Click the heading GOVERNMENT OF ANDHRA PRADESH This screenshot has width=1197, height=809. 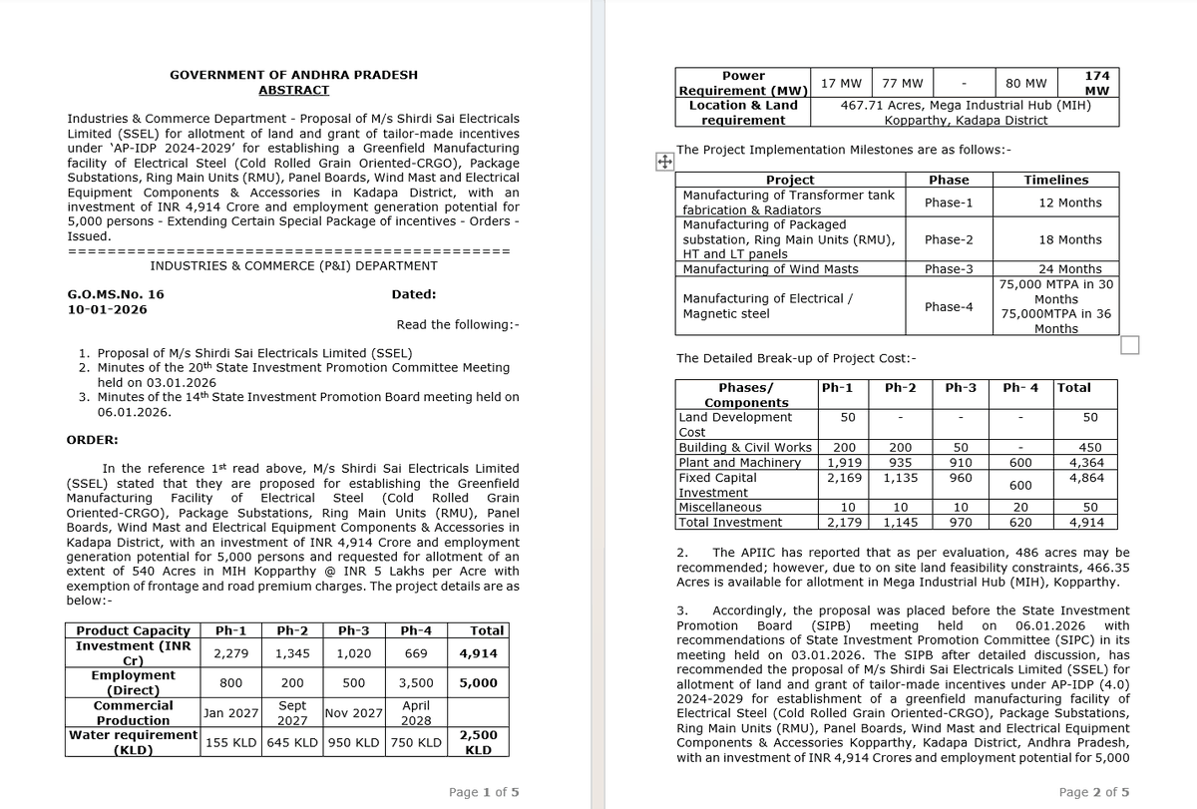293,75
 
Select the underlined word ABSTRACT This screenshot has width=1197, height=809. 293,90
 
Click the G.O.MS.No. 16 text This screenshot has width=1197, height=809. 115,294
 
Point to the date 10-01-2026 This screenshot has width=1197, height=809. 106,309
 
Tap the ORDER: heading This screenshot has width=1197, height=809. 92,440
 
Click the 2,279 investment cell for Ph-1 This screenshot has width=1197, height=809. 230,653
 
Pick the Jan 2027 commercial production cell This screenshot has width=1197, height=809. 230,713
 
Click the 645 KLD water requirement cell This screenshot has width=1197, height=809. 292,742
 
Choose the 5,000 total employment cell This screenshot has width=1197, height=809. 479,683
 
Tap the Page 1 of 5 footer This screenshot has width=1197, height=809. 484,792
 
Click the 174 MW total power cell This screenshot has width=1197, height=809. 1096,83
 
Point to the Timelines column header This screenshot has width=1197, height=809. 1055,180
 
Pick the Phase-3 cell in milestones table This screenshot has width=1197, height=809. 948,269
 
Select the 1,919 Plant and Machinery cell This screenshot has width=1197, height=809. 847,463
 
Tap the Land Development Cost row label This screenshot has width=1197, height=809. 735,424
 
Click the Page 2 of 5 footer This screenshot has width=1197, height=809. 1094,792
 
